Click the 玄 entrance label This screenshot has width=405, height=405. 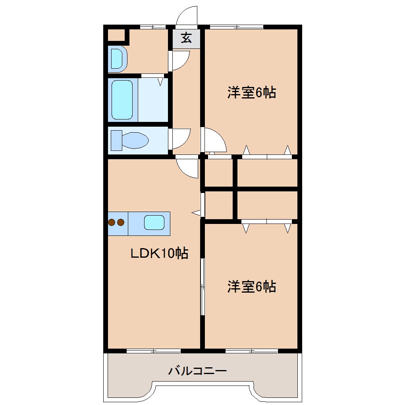coord(187,39)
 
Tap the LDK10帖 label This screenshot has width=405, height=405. coord(160,253)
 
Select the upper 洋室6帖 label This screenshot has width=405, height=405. coord(252,93)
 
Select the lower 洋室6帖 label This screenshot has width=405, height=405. coord(252,286)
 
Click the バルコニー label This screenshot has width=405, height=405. coord(197,371)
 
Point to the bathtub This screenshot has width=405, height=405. coord(122,100)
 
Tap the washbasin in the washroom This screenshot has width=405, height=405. coord(117,59)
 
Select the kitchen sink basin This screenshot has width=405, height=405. coord(154,222)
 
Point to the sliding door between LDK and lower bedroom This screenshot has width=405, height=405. coord(202,287)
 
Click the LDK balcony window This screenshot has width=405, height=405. coord(153,351)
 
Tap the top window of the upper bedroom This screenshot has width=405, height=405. coord(236,27)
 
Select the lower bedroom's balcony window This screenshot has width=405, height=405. coord(251,351)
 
